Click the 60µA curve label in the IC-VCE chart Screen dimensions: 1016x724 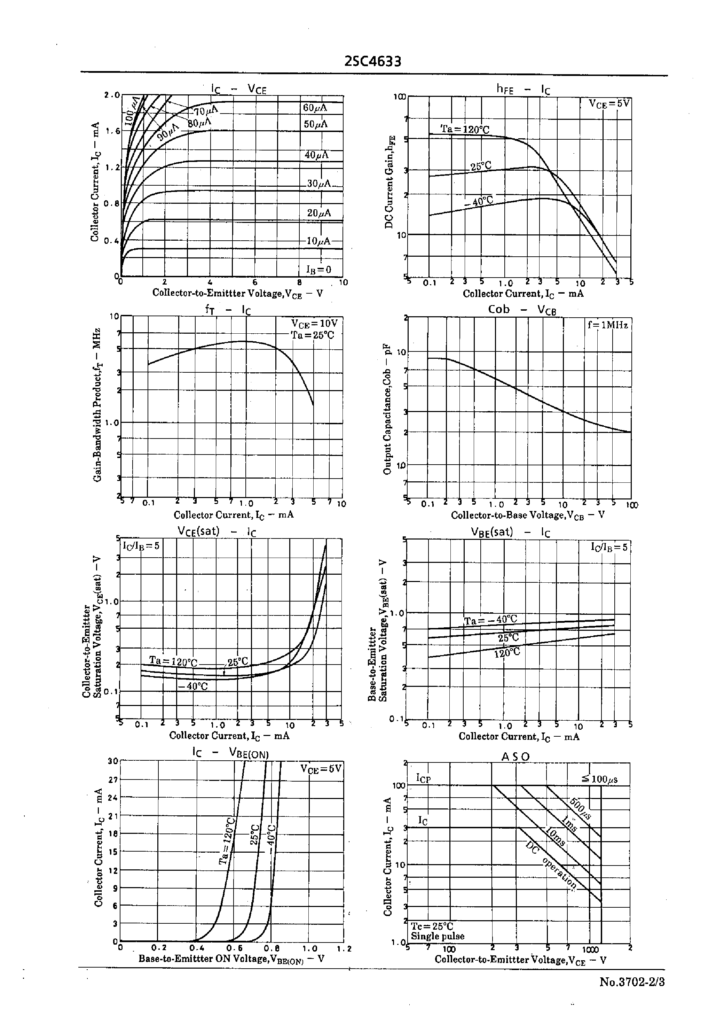pos(315,108)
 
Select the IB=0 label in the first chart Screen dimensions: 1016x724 pos(318,269)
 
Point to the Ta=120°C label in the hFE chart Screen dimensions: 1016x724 pos(465,129)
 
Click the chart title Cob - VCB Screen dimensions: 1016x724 pos(522,310)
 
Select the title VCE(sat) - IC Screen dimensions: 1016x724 pos(217,531)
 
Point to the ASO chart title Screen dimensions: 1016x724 pos(516,757)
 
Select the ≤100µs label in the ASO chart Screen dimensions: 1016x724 pos(599,779)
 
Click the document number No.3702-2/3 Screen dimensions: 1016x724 pos(632,982)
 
